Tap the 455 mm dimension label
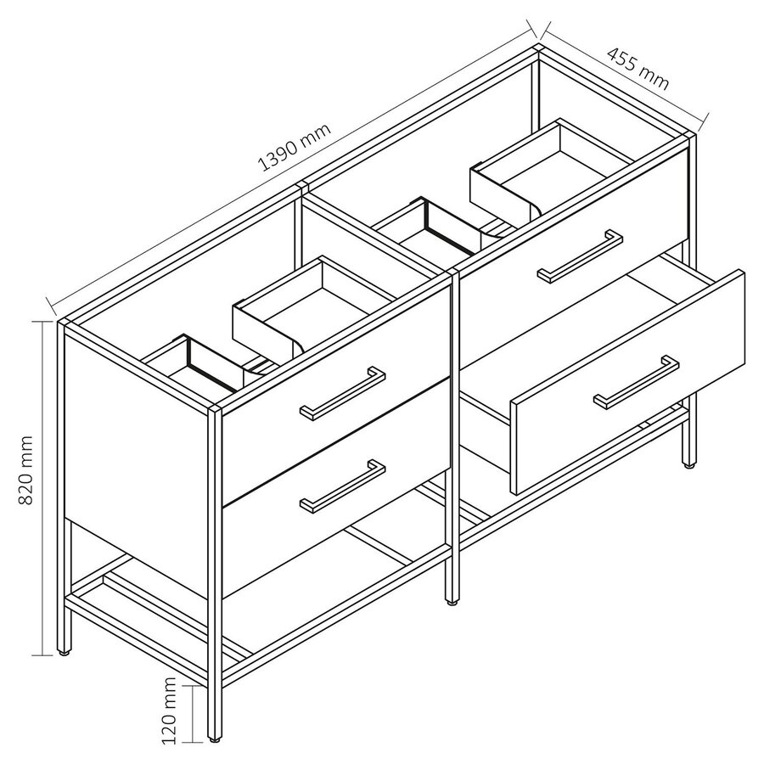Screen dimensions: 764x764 click(x=638, y=67)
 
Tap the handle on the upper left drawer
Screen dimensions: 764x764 click(x=343, y=392)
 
